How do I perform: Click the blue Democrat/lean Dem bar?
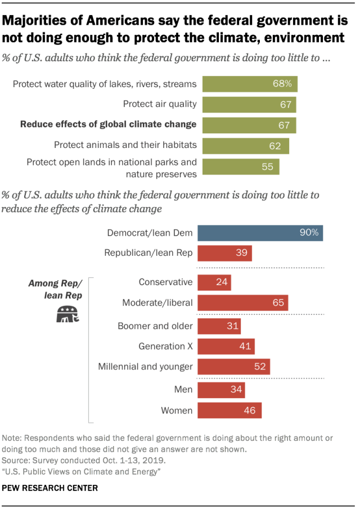(260, 233)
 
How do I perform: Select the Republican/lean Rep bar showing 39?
(225, 253)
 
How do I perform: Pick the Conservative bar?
(214, 282)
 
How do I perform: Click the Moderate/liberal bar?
(243, 303)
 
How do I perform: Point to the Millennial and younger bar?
(234, 367)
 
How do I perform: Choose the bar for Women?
(229, 410)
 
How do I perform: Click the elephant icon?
(67, 314)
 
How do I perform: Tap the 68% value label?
(282, 84)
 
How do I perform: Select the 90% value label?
(309, 233)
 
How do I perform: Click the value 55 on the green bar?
(268, 167)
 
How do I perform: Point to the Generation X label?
(165, 346)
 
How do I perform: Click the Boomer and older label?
(155, 326)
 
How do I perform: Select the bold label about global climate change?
(108, 124)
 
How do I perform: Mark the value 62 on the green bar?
(274, 146)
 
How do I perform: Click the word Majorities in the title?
(35, 22)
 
